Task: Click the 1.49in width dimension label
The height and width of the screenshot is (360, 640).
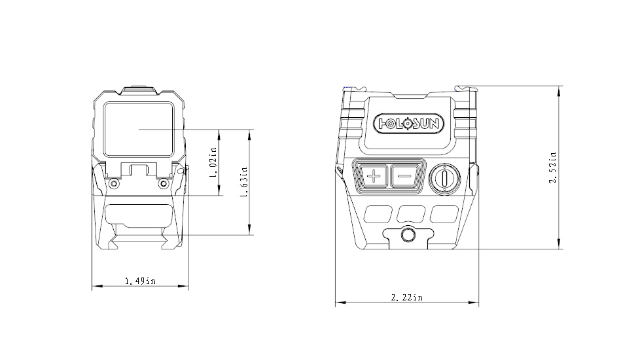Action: pyautogui.click(x=140, y=281)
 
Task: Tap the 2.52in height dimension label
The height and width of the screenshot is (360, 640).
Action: pyautogui.click(x=553, y=168)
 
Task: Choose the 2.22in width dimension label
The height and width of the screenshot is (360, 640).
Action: pyautogui.click(x=406, y=298)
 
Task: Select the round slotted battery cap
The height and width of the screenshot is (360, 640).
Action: pyautogui.click(x=444, y=177)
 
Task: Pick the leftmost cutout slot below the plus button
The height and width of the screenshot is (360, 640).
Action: pyautogui.click(x=375, y=213)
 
